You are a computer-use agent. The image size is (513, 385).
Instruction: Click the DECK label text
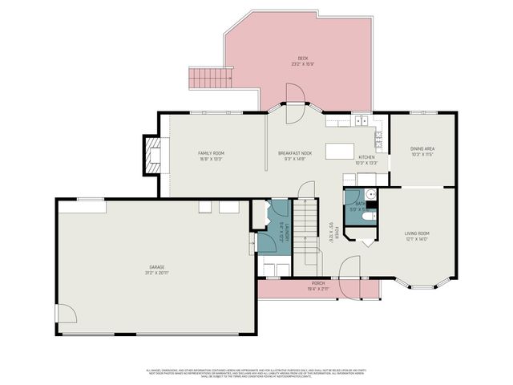(x=303, y=59)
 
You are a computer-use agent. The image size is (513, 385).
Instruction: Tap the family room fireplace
(x=152, y=155)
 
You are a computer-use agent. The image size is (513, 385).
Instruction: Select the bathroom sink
(x=370, y=195)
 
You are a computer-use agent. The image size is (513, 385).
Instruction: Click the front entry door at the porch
(x=350, y=269)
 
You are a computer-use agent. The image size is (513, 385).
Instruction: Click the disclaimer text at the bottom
(x=256, y=373)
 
